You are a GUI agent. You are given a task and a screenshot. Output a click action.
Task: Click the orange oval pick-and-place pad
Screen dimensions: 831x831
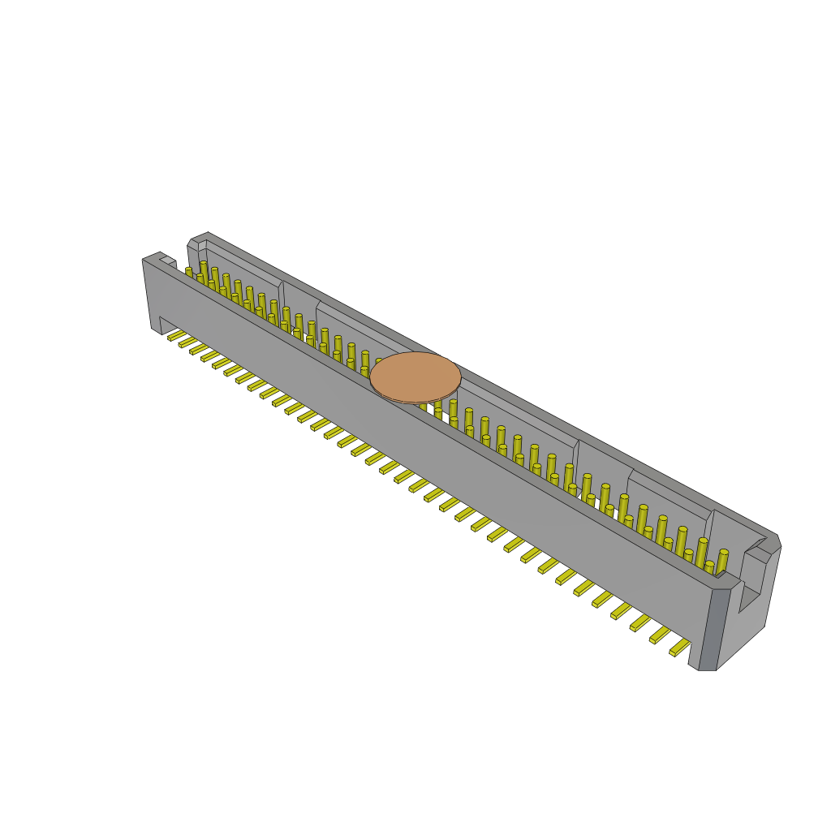click(415, 377)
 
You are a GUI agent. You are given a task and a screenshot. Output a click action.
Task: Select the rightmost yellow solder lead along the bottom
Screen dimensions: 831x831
click(680, 647)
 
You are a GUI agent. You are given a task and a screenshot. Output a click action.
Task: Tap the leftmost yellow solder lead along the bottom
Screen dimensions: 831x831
click(176, 334)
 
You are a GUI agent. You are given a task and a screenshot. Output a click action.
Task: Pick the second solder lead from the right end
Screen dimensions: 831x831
click(660, 635)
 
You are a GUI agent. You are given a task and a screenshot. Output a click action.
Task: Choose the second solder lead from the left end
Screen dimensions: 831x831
click(187, 341)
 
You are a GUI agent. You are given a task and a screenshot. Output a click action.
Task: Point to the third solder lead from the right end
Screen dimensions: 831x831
click(640, 622)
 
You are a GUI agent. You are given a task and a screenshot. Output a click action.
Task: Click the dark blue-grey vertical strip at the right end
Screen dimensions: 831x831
click(708, 629)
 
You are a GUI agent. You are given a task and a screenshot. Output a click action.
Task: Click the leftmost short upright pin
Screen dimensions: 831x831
click(189, 272)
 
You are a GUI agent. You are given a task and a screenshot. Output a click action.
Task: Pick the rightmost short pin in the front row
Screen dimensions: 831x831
click(708, 566)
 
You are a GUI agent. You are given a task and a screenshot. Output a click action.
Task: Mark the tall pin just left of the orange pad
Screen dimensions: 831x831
click(365, 360)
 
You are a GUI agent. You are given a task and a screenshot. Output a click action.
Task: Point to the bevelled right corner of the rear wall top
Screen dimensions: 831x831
click(776, 542)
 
